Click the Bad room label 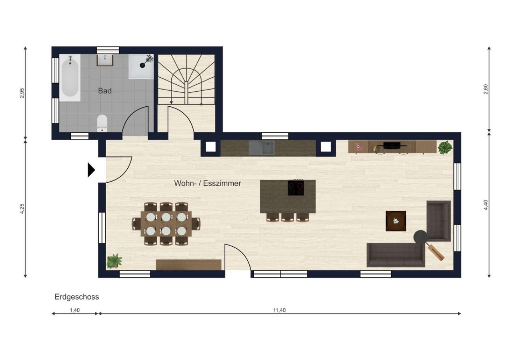pyautogui.click(x=105, y=91)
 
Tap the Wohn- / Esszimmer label pyautogui.click(x=207, y=183)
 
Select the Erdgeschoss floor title pyautogui.click(x=77, y=297)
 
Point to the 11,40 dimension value pyautogui.click(x=279, y=310)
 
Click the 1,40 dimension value pyautogui.click(x=74, y=310)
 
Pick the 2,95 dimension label pyautogui.click(x=22, y=93)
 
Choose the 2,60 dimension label pyautogui.click(x=486, y=90)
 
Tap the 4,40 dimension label pyautogui.click(x=486, y=205)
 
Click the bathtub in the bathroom pyautogui.click(x=70, y=78)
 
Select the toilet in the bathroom pyautogui.click(x=102, y=123)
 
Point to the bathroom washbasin pyautogui.click(x=105, y=60)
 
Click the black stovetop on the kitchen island pyautogui.click(x=296, y=188)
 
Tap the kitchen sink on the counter pyautogui.click(x=262, y=148)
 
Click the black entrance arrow pyautogui.click(x=91, y=170)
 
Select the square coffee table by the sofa pyautogui.click(x=396, y=221)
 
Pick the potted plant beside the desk pyautogui.click(x=445, y=148)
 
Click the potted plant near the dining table pyautogui.click(x=114, y=262)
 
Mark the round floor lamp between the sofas pyautogui.click(x=420, y=237)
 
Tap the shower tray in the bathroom pyautogui.click(x=141, y=66)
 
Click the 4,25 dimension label pyautogui.click(x=22, y=209)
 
